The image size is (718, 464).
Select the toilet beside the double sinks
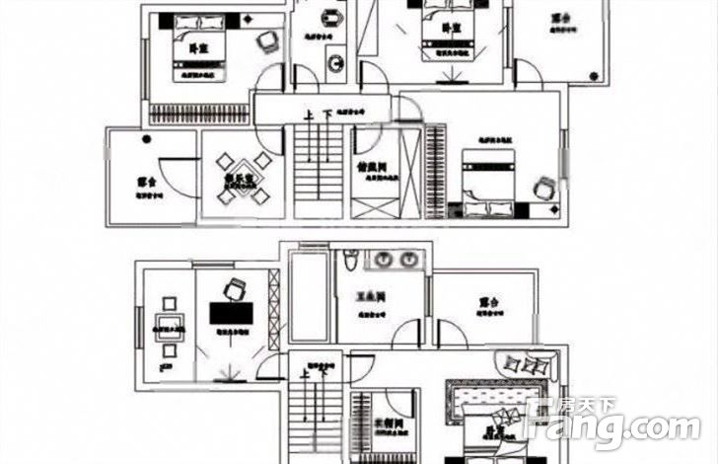tap(350, 263)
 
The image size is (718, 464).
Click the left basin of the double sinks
tap(383, 261)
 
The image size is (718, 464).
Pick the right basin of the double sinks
tap(407, 261)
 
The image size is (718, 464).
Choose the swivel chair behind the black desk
tap(235, 289)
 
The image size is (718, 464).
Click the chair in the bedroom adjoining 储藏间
tap(544, 185)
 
